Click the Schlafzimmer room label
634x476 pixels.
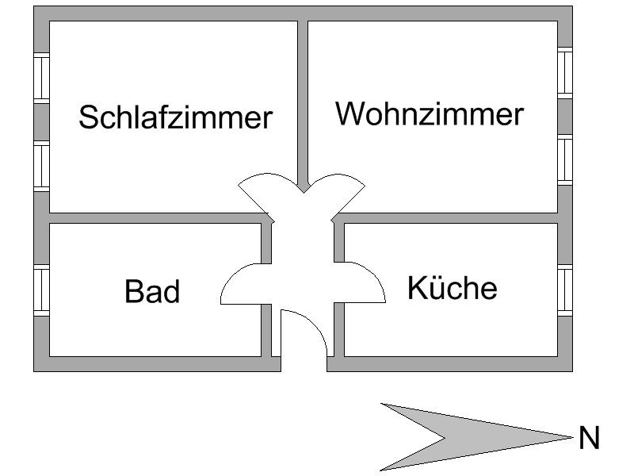pyautogui.click(x=175, y=117)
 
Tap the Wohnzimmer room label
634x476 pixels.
pyautogui.click(x=430, y=113)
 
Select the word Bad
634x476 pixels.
pyautogui.click(x=152, y=292)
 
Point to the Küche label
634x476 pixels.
pyautogui.click(x=452, y=287)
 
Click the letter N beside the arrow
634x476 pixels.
pyautogui.click(x=589, y=438)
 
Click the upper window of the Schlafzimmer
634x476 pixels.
pyautogui.click(x=42, y=77)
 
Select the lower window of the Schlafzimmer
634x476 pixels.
pyautogui.click(x=42, y=167)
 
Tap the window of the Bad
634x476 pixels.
pyautogui.click(x=42, y=291)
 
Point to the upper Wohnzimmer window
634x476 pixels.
pyautogui.click(x=564, y=73)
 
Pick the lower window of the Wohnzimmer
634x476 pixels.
pyautogui.click(x=564, y=160)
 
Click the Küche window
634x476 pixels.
pyautogui.click(x=564, y=291)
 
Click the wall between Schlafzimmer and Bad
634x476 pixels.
pyautogui.click(x=151, y=218)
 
